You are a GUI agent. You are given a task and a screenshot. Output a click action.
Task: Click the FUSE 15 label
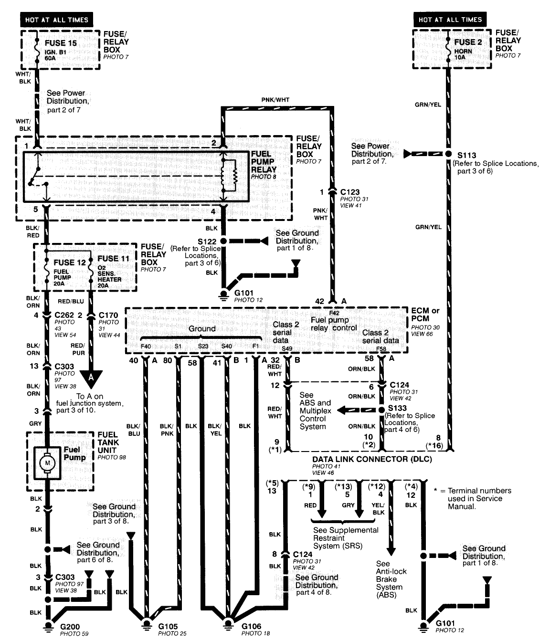click(x=61, y=43)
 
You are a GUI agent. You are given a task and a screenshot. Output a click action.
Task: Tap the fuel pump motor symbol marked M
click(x=47, y=462)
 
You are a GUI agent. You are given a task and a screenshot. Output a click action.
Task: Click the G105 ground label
click(x=168, y=626)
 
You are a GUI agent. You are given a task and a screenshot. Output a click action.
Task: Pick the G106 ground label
click(x=252, y=626)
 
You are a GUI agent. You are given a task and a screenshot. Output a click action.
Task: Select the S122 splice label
click(x=207, y=241)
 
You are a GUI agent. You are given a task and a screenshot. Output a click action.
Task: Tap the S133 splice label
click(x=397, y=408)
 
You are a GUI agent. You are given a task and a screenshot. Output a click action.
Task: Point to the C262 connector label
click(x=64, y=315)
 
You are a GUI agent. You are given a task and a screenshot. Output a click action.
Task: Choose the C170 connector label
click(x=108, y=315)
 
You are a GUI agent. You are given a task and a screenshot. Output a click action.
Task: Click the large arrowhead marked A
click(x=91, y=378)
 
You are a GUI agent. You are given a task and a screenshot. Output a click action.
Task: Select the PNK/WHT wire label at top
click(x=275, y=100)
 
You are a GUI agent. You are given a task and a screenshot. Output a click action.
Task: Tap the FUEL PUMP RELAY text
click(x=264, y=162)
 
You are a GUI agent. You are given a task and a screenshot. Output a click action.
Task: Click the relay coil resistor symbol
click(x=234, y=175)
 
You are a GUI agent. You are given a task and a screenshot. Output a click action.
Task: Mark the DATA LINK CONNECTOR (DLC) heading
click(x=372, y=459)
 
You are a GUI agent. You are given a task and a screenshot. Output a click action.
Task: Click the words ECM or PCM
click(x=425, y=315)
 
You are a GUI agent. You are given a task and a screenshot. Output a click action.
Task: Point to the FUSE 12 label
click(x=70, y=263)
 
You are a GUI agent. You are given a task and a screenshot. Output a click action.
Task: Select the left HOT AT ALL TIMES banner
click(x=56, y=20)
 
